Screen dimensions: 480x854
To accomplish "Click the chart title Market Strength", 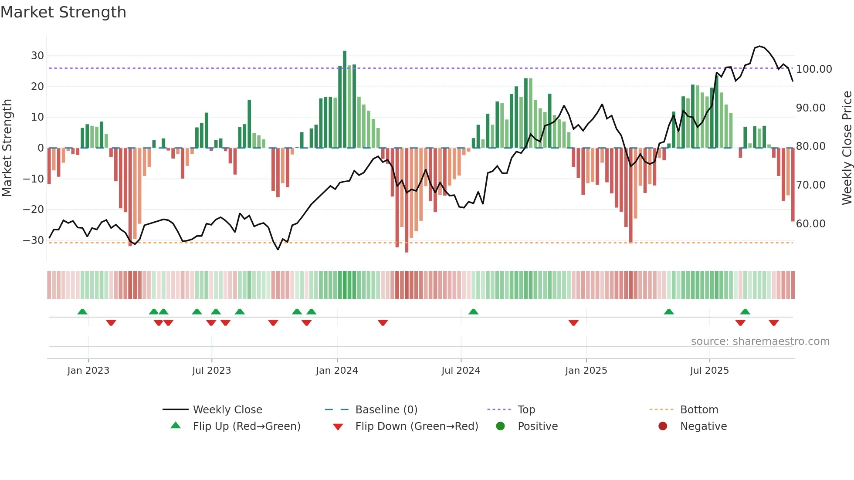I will tap(63, 12).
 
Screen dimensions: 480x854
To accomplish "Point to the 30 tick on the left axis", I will tap(37, 56).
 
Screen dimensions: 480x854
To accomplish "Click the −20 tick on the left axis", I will tap(34, 210).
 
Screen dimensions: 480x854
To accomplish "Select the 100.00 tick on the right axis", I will tap(813, 69).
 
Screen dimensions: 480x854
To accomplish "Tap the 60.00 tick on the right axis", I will tap(810, 224).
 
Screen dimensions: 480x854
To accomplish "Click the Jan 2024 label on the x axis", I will tap(337, 371).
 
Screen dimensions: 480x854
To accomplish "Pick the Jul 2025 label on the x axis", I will tap(709, 371).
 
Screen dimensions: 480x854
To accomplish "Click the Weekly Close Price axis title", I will tap(847, 148).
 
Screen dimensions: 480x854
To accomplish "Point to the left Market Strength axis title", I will tap(7, 148).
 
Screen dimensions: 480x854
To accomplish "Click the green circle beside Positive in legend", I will tap(500, 426).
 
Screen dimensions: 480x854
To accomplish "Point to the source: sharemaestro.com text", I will tap(760, 341).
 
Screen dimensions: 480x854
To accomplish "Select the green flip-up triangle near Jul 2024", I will tap(473, 311).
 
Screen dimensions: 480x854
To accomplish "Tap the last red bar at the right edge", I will tap(793, 185).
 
